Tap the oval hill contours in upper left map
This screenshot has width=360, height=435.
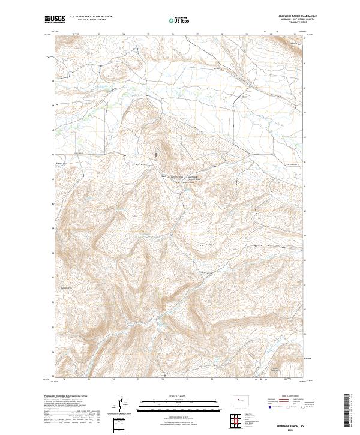109,73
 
